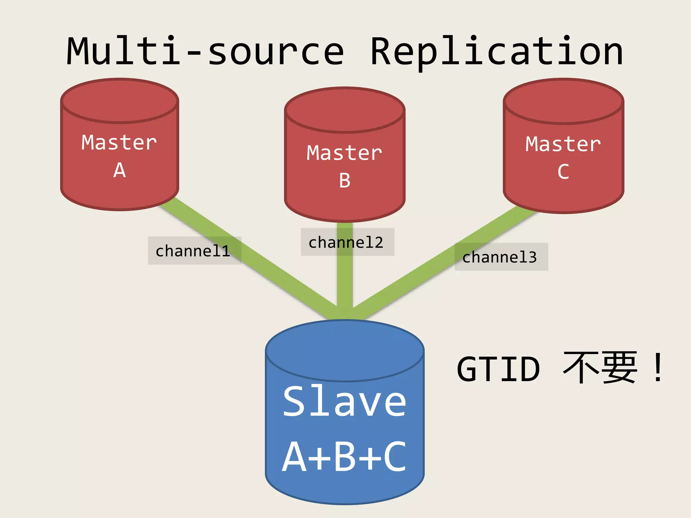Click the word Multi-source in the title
pos(205,51)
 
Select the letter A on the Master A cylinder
pos(119,170)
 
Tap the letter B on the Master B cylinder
pos(344,180)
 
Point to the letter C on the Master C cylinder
pos(563,172)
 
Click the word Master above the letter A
pos(119,142)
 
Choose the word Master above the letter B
pos(344,153)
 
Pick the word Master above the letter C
pos(563,144)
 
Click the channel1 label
pos(193,251)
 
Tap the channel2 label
pos(346,242)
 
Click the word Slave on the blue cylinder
pos(344,401)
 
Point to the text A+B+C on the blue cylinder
pos(344,457)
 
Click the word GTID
pos(498,369)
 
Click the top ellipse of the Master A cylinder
pos(120,100)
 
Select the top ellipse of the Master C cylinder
pos(563,101)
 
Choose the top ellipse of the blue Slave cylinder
pos(344,351)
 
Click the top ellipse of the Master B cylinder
pos(344,110)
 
